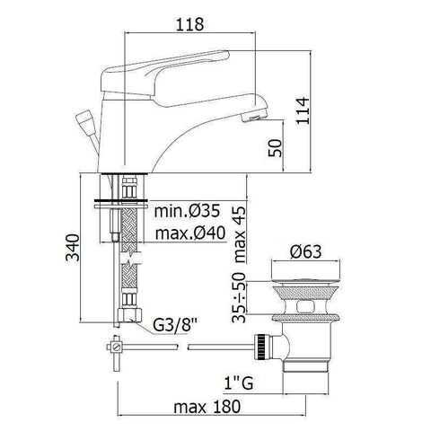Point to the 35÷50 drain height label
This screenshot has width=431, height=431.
pos(240,297)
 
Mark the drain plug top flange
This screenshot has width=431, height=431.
pos(306,268)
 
